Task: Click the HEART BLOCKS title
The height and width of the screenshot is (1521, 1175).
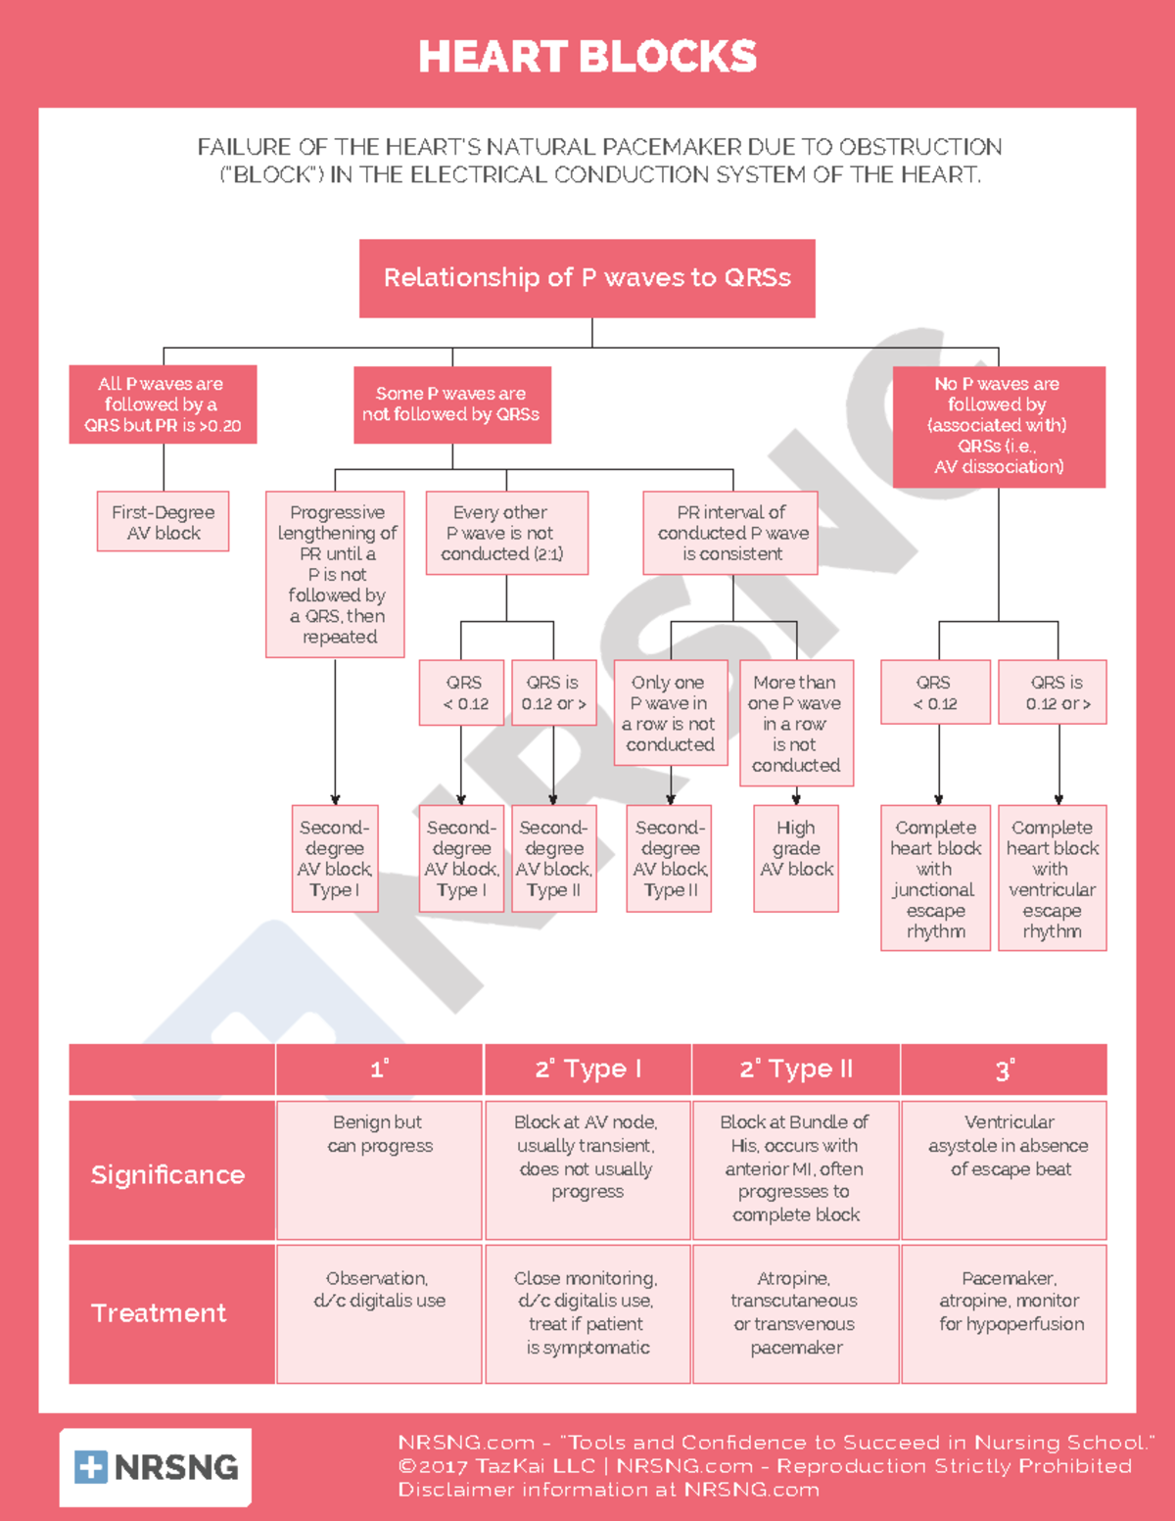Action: click(x=587, y=57)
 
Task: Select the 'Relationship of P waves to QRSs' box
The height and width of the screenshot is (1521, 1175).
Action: click(x=587, y=278)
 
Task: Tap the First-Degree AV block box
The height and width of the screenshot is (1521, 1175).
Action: click(x=164, y=522)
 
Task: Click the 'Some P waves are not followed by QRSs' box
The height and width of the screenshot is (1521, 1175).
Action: click(x=451, y=404)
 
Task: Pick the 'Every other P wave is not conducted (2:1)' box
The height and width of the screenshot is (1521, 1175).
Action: click(x=506, y=533)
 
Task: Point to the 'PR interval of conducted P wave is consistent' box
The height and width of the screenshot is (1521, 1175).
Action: click(x=732, y=533)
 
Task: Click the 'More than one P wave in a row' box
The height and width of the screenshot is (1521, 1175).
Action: click(x=796, y=723)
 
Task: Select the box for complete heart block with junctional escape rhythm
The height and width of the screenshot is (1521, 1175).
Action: click(x=935, y=878)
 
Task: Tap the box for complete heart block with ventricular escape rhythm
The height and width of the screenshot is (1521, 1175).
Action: click(x=1053, y=878)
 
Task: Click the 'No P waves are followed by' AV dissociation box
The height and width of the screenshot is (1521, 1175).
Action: click(x=999, y=426)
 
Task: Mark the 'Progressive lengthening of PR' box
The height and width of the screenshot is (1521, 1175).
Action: click(x=335, y=574)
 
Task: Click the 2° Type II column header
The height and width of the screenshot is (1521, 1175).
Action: click(x=796, y=1069)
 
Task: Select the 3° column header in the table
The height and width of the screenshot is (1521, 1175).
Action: click(x=1004, y=1069)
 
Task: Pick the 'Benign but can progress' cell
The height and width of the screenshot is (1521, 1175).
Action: click(x=380, y=1170)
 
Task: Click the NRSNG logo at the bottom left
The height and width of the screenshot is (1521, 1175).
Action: click(x=156, y=1466)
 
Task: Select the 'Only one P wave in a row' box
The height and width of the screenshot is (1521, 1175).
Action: click(x=671, y=713)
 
